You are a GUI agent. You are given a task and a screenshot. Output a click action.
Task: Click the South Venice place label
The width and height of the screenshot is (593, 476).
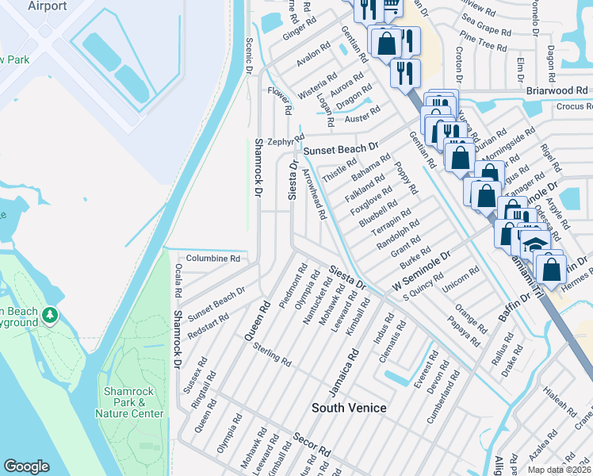point(349,408)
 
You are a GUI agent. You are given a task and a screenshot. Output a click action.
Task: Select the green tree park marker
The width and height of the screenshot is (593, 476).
point(50,316)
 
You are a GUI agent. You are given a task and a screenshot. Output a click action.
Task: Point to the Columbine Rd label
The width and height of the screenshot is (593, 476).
point(212,259)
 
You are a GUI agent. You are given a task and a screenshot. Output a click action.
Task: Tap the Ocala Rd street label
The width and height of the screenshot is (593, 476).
point(178,282)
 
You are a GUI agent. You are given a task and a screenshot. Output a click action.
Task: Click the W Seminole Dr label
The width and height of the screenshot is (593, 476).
point(420,272)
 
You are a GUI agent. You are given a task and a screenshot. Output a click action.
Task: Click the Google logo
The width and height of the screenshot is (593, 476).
point(27,466)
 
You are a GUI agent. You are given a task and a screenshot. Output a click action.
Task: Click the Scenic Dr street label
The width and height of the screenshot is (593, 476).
point(249,56)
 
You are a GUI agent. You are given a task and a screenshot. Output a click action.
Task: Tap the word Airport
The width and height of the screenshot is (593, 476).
point(47,6)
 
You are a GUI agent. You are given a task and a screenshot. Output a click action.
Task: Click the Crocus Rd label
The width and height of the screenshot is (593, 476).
point(574,106)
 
